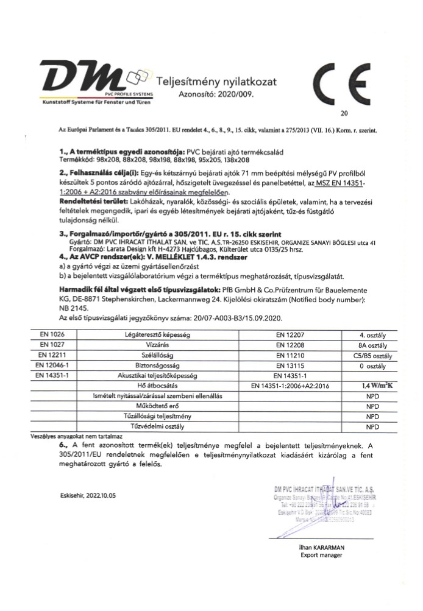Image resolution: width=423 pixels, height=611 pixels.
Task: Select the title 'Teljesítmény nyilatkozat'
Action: click(x=217, y=82)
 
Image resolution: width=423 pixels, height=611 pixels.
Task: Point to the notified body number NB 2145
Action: click(x=72, y=308)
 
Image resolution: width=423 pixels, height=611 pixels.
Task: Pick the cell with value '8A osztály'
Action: click(x=370, y=344)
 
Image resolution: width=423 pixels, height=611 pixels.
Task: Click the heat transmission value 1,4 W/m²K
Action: click(x=370, y=386)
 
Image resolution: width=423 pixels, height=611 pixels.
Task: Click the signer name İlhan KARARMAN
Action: click(x=321, y=547)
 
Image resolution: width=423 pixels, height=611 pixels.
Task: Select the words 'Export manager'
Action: click(x=321, y=556)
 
